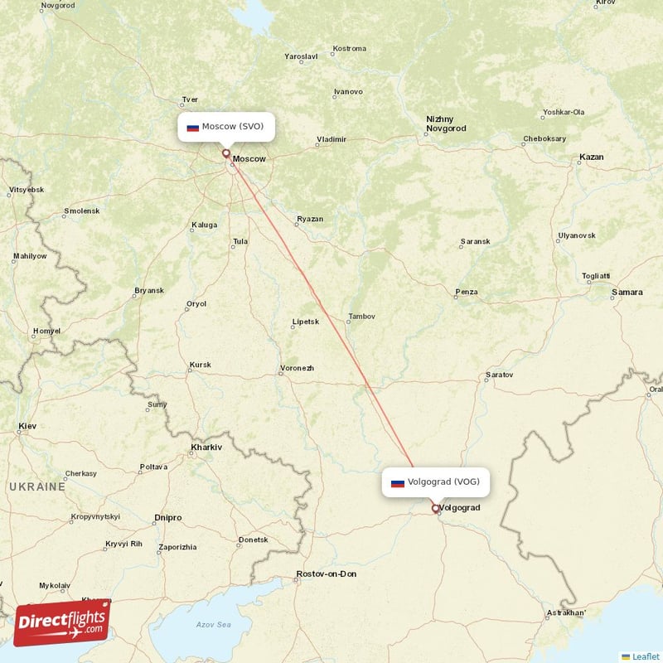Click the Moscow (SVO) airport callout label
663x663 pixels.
[x=225, y=127]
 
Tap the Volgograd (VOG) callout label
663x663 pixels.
[x=431, y=482]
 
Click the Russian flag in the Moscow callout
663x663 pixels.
[x=192, y=128]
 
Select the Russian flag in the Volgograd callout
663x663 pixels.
[x=398, y=482]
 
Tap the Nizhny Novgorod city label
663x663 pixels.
[x=446, y=124]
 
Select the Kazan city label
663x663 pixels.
[x=592, y=157]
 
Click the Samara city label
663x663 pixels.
[x=627, y=292]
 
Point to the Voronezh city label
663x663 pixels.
[x=297, y=368]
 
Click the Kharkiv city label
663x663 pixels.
[x=206, y=448]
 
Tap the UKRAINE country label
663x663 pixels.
[x=38, y=486]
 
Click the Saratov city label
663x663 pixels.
[x=500, y=375]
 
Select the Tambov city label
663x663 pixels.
[x=362, y=316]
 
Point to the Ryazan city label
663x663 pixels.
[x=310, y=220]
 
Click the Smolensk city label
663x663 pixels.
[x=82, y=211]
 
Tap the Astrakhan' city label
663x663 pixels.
[x=565, y=613]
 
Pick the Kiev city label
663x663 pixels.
[x=27, y=427]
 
